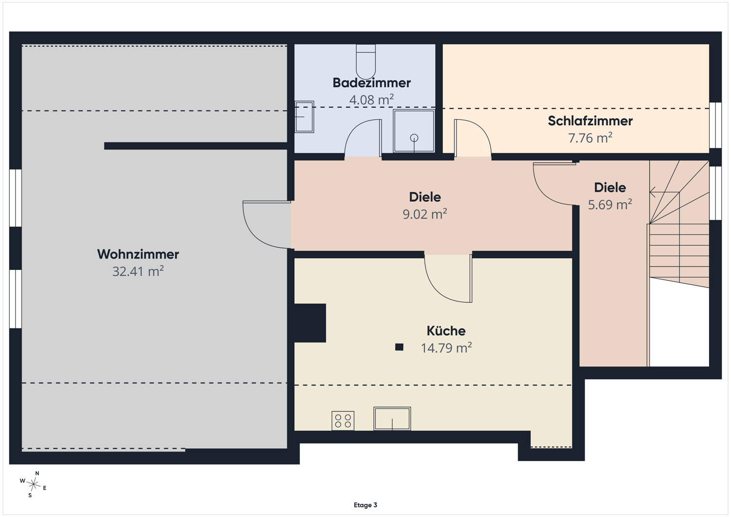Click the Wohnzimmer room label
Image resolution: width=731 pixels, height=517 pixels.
point(138,254)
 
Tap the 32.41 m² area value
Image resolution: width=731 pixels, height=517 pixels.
point(138,271)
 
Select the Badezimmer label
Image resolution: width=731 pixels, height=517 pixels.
point(372,83)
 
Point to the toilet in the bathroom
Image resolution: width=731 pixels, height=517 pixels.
point(366,62)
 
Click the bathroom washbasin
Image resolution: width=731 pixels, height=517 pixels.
point(305,117)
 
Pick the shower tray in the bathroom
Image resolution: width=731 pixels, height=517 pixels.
point(414,131)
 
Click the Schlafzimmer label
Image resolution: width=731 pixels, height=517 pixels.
point(590,121)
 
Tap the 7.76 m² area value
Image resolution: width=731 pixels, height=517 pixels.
point(590,138)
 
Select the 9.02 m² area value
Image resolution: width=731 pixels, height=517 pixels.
point(424,214)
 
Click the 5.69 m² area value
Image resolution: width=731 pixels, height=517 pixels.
point(610,205)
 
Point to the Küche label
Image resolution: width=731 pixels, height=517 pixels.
point(446,331)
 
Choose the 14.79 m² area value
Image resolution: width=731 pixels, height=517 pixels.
point(446,348)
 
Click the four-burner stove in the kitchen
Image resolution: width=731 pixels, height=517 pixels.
point(343,421)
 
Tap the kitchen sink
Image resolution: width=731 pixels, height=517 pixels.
point(392,419)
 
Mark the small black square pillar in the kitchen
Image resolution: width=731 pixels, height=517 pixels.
point(399,347)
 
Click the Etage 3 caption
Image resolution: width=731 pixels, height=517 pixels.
point(365,505)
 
